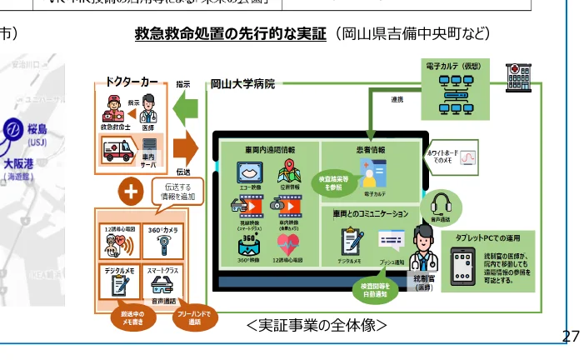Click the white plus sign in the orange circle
click(x=129, y=192)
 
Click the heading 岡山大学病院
click(x=242, y=83)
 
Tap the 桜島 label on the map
click(x=37, y=131)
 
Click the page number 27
click(x=571, y=335)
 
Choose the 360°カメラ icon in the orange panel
click(x=162, y=245)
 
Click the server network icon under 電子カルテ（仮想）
click(x=455, y=87)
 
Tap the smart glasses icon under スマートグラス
click(x=163, y=283)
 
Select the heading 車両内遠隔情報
click(x=269, y=149)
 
